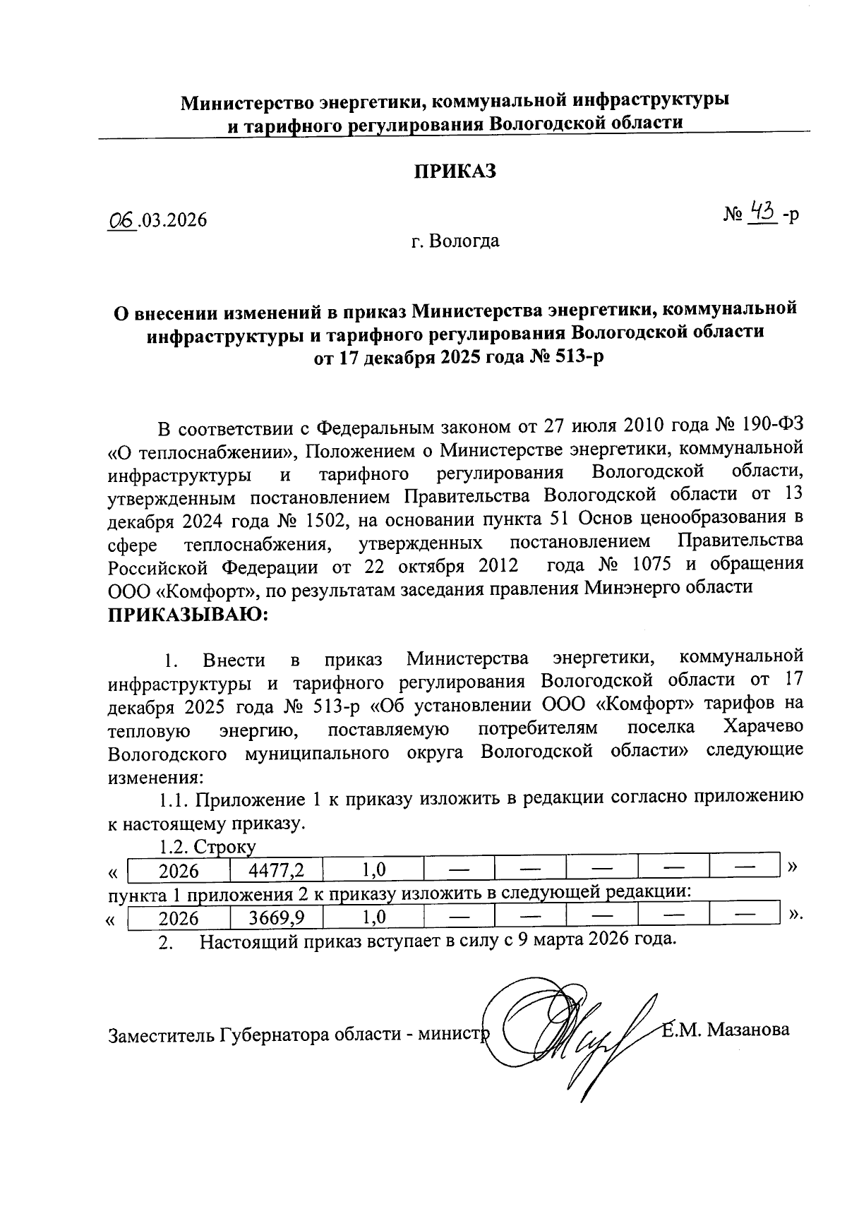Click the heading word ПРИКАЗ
tap(455, 171)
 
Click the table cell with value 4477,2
tap(275, 870)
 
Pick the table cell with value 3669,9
tap(275, 917)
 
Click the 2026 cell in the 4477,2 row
tap(179, 870)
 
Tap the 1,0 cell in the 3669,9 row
tap(372, 917)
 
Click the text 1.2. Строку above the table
tap(208, 845)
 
